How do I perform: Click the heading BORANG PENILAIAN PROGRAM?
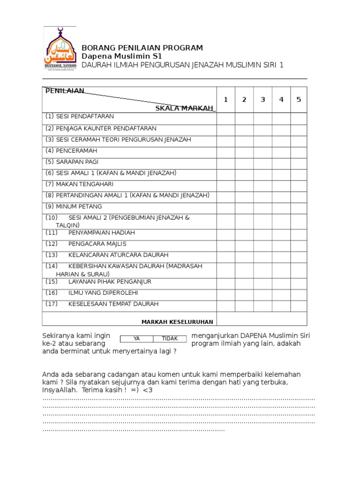(142, 48)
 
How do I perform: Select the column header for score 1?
(225, 99)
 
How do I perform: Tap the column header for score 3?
(262, 99)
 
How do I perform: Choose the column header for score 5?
(299, 99)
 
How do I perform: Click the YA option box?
(137, 338)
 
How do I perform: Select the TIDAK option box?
(170, 338)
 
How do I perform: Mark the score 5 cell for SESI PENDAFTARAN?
(299, 119)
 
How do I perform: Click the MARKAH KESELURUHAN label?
(177, 322)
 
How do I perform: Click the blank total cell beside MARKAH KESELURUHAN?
(262, 319)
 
